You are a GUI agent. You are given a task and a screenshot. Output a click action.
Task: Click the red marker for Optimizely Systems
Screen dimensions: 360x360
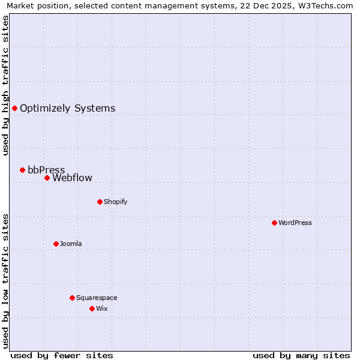pos(14,108)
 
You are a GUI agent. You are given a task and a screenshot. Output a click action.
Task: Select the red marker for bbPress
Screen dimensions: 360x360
pos(23,170)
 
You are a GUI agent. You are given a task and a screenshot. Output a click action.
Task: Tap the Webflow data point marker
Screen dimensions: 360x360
pos(47,178)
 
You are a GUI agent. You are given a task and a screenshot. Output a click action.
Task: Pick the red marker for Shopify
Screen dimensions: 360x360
pos(100,202)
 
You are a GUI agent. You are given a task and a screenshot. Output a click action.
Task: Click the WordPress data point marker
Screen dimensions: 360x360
pos(274,223)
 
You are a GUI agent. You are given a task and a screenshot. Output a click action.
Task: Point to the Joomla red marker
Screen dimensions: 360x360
pos(56,244)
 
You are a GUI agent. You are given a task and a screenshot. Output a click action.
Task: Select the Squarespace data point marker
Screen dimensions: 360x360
pos(72,298)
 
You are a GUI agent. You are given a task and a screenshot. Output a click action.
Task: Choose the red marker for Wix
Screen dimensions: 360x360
pos(92,308)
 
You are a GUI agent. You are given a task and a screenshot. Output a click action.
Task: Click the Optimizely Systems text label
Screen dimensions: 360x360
pos(67,109)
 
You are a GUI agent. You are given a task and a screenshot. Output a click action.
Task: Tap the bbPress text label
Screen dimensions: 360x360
pos(46,170)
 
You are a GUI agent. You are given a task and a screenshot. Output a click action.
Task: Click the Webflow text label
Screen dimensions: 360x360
pos(72,178)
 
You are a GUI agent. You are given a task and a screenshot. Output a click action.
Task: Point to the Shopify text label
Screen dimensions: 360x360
pos(115,202)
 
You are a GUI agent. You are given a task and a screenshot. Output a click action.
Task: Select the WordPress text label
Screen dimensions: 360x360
pos(295,223)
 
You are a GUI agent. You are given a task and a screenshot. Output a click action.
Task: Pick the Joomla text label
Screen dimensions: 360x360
pos(71,244)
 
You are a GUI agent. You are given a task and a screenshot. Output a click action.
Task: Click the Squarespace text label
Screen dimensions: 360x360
pos(97,298)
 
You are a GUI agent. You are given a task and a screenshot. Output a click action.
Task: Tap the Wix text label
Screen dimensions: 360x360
pos(101,309)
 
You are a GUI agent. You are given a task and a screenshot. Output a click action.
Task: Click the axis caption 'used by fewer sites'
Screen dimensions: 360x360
pos(62,355)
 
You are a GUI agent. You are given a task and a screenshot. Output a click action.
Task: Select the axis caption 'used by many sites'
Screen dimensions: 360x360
pos(301,355)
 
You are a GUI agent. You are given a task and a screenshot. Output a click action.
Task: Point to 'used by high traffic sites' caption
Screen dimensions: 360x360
pos(6,85)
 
